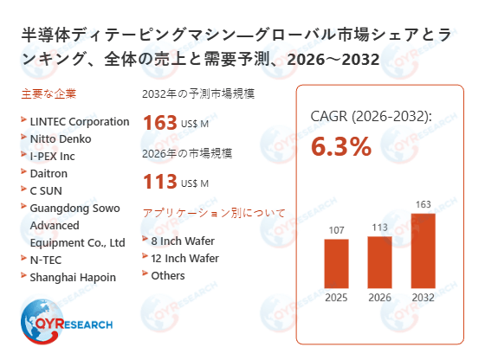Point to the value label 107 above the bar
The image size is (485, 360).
tap(337, 230)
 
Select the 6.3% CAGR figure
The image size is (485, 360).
tap(341, 146)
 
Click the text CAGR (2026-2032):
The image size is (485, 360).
tap(371, 116)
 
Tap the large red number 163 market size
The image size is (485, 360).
tap(160, 122)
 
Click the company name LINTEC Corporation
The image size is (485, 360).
tap(79, 121)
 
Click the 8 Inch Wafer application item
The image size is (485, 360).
tap(183, 241)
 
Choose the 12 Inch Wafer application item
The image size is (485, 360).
tap(185, 258)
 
